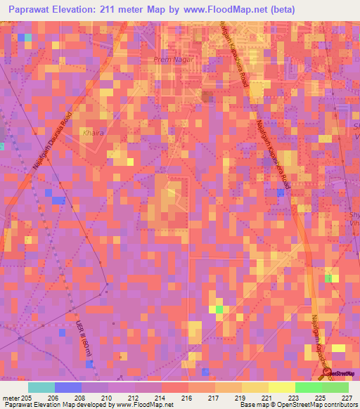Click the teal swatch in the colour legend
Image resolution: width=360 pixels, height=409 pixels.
(41, 387)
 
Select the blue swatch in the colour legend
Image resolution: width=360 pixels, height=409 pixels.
(67, 387)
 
